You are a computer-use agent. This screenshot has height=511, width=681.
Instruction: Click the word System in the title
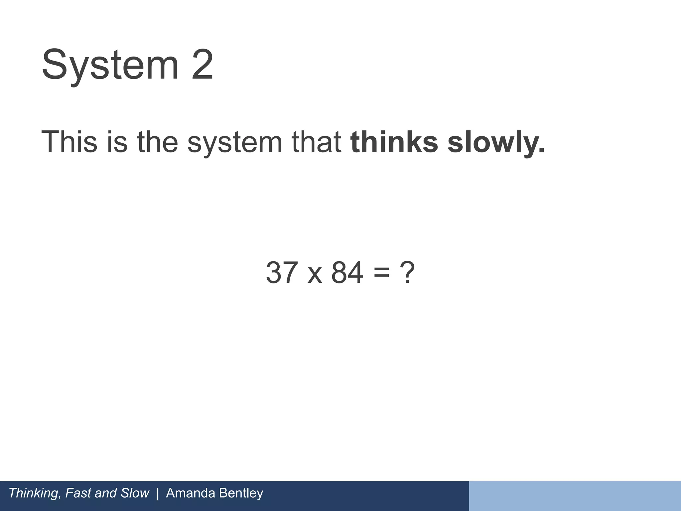click(110, 65)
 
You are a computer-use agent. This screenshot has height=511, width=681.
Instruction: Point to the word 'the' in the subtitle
click(157, 142)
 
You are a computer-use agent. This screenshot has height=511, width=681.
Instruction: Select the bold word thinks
click(394, 142)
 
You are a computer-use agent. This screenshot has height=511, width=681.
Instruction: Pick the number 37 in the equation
click(282, 273)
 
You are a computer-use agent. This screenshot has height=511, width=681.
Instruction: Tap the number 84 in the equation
click(347, 273)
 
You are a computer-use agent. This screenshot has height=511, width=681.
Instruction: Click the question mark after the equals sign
click(407, 273)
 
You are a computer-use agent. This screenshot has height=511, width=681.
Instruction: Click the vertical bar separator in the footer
click(157, 493)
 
